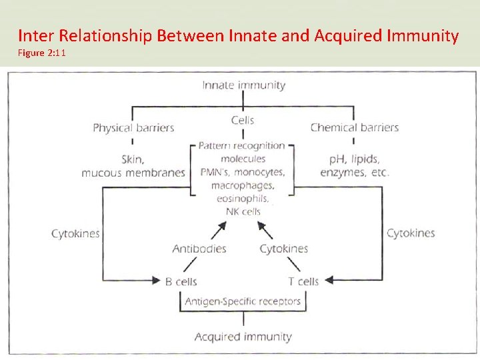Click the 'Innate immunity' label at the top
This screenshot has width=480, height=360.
pos(243,85)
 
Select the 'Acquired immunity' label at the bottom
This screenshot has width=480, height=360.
pos(243,337)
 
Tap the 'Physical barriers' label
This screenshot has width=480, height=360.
pos(133,127)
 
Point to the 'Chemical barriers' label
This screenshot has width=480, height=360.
pos(354,127)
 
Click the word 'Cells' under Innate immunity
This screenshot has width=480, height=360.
pos(243,120)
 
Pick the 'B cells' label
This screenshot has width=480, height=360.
pos(181,281)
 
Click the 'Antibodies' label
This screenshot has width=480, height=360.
pos(199,249)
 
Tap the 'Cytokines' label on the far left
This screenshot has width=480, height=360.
pos(75,233)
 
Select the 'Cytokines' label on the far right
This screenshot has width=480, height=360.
pos(411,233)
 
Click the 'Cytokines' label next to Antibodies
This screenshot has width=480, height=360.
pos(283,249)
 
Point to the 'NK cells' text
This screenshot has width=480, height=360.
pos(243,211)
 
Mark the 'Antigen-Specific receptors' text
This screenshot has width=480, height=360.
pos(243,301)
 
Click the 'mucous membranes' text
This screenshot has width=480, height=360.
pos(133,173)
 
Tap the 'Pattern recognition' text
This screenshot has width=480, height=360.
pos(243,145)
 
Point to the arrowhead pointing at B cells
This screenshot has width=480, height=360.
pos(158,281)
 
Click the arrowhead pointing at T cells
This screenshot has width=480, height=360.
pos(327,281)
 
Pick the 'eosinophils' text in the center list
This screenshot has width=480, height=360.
pos(243,198)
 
